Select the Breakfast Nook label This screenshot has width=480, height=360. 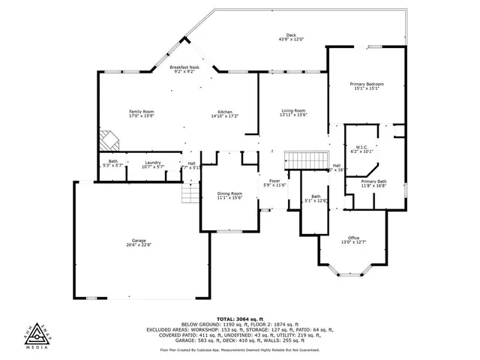click(x=184, y=67)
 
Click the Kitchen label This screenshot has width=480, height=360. click(x=224, y=112)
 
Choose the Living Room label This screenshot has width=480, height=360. click(x=293, y=110)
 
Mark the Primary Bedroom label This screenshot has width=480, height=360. click(x=368, y=84)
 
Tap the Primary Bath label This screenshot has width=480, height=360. click(x=373, y=181)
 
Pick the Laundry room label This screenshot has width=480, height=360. click(x=154, y=161)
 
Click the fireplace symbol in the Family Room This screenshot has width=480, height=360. click(x=109, y=139)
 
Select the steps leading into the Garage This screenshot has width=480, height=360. click(x=190, y=194)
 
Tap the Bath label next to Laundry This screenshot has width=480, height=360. click(x=112, y=161)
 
